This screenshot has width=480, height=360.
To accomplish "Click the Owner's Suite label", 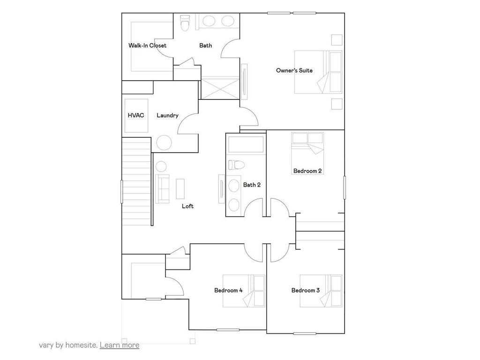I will pos(294,70).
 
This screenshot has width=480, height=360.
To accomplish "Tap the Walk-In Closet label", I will pos(147,45).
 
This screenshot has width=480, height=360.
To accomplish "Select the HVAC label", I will pos(135,115).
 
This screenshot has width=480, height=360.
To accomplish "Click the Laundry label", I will pos(167,115).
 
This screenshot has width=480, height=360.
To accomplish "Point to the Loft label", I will pos(187,206).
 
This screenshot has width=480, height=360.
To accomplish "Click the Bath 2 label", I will pos(252,185).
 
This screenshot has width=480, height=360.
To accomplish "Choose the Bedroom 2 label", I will pos(307,171).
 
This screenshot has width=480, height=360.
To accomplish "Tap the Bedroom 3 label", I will pos(305,291).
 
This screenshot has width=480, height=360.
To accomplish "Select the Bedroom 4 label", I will pos(228,291).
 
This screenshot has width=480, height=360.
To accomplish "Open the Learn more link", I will pos(120,345).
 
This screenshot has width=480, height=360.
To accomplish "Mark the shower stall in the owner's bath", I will pos(220,88).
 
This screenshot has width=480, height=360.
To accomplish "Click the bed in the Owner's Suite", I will pos(319,72).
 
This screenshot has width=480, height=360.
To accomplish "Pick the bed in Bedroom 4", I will pos(244,291).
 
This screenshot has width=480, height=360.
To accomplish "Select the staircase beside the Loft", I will pos(137,181).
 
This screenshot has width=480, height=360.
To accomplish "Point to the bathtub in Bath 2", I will pos(246,145).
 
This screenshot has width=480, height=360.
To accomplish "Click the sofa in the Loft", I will pos(162,189).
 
